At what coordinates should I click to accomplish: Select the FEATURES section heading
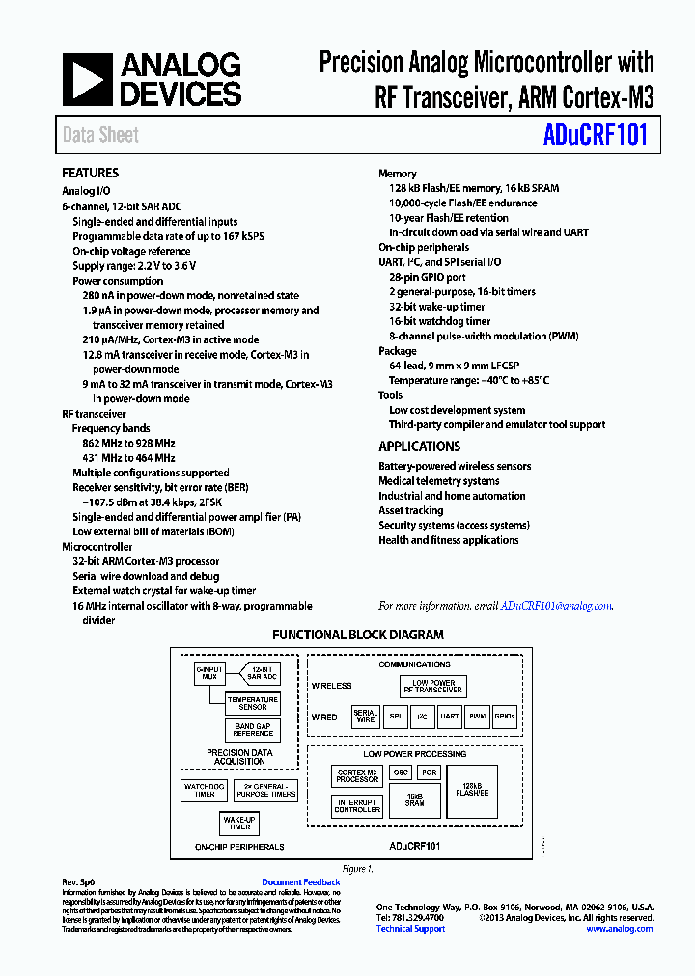point(91,173)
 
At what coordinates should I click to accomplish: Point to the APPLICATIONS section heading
point(420,447)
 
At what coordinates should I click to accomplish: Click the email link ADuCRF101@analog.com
point(556,606)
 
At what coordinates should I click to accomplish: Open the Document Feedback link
point(301,882)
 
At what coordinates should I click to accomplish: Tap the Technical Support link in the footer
point(410,929)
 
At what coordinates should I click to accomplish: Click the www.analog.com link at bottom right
point(619,929)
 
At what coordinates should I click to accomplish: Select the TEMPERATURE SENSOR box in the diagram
point(253,703)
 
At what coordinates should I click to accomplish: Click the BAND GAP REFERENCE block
point(253,730)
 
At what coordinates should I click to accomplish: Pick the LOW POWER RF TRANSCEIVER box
point(433,687)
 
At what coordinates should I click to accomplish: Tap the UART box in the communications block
point(450,717)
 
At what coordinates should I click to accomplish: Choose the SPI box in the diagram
point(395,717)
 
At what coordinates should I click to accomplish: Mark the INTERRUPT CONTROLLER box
point(357,805)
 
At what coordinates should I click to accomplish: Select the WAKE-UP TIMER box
point(240,823)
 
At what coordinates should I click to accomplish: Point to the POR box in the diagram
point(429,773)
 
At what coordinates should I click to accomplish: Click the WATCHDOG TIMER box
point(205,790)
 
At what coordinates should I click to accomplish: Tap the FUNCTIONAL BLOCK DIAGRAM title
point(358,635)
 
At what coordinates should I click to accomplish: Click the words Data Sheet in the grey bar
point(100,135)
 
